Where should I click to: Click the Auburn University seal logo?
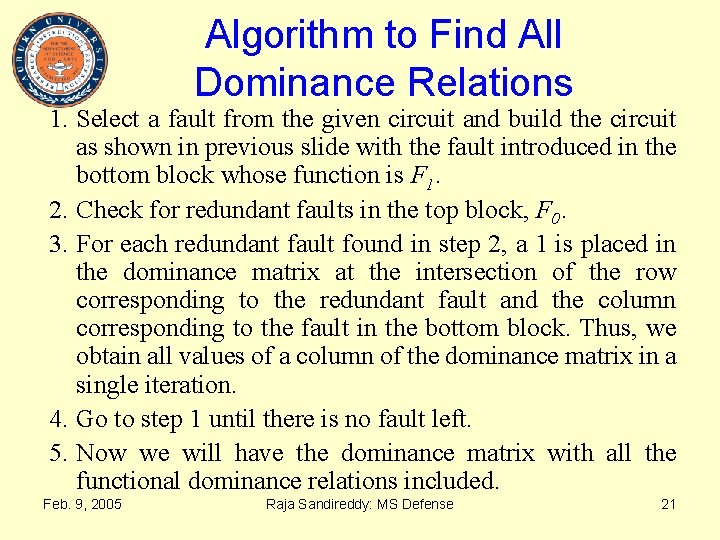(59, 59)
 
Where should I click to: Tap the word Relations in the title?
(500, 82)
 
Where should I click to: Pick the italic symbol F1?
(421, 177)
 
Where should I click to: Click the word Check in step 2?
(106, 211)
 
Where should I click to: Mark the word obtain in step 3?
(106, 356)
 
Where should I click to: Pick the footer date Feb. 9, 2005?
(82, 504)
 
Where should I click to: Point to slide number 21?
(669, 504)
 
